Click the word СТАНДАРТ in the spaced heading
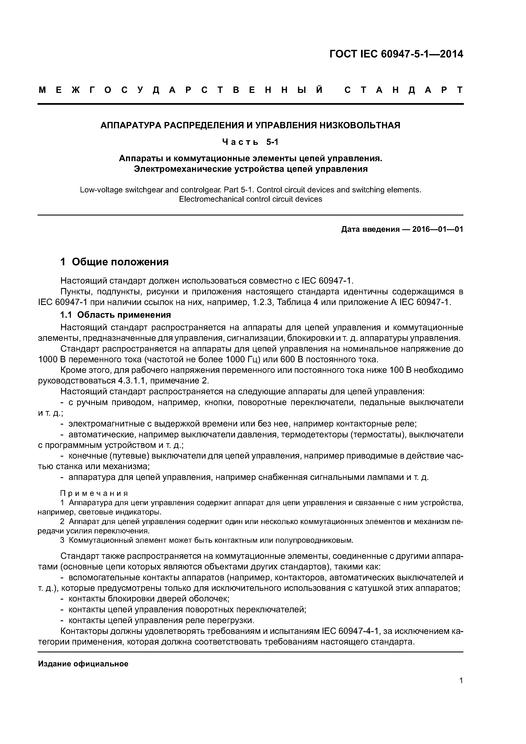tap(403, 90)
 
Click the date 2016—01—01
tap(438, 229)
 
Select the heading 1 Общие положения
tap(114, 262)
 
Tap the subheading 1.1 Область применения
tap(115, 315)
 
